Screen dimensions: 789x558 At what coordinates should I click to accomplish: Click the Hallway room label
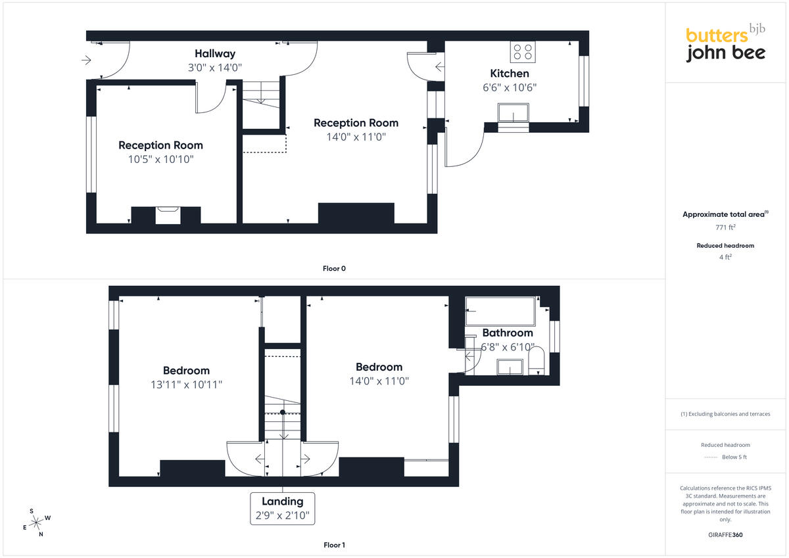point(215,53)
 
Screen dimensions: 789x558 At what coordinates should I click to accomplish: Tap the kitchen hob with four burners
point(523,52)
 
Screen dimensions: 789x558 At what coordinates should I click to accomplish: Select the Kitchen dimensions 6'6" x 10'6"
point(510,87)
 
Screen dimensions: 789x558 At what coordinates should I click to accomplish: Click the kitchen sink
point(514,112)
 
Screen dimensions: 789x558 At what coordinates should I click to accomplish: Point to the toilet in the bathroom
point(536,360)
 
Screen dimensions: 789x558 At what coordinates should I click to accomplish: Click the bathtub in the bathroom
point(500,312)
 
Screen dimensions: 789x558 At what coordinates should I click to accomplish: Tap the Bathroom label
point(508,333)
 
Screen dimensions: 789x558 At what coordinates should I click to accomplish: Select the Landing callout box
point(283,508)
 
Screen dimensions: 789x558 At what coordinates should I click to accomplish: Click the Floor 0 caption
point(334,269)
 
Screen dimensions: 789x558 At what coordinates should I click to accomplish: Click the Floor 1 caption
point(334,545)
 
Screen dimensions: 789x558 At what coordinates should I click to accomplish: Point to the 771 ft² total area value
point(725,227)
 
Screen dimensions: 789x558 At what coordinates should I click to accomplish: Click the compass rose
point(36,523)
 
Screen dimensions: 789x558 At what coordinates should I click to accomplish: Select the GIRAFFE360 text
point(725,535)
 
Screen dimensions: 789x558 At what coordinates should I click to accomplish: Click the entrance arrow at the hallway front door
point(86,60)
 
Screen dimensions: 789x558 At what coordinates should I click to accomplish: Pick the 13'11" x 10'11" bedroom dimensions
point(186,384)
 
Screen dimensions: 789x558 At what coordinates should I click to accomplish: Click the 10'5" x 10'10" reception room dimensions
point(160,160)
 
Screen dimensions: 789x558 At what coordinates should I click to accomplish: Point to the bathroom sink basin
point(510,367)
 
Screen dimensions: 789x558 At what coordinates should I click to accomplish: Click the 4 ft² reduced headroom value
point(725,258)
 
